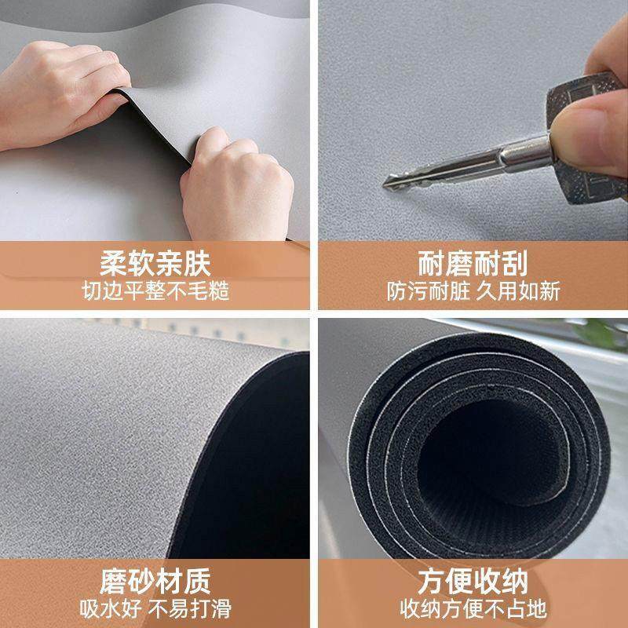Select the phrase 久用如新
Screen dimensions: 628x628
tap(520, 291)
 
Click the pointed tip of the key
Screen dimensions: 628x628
tap(386, 184)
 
